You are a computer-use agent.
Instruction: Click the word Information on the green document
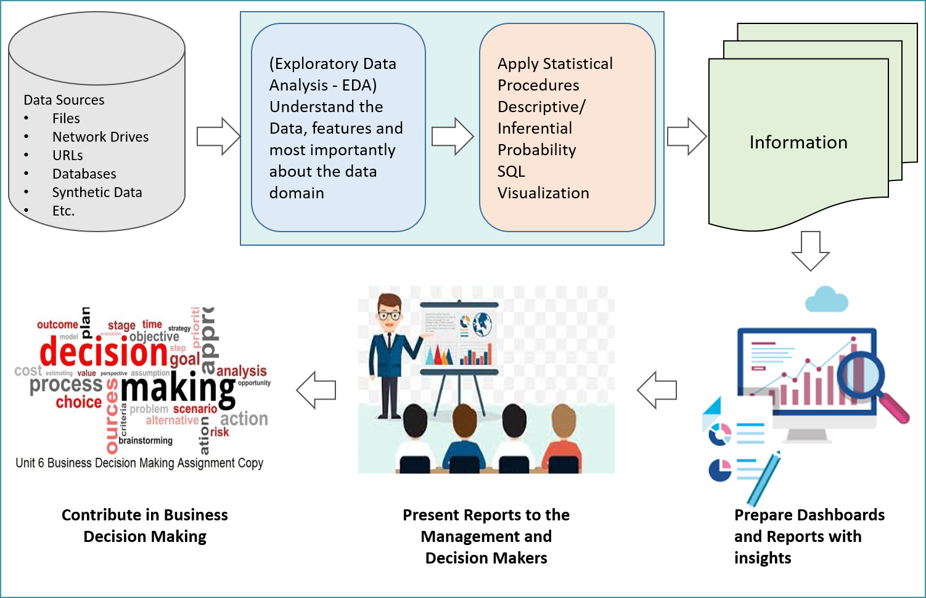798,142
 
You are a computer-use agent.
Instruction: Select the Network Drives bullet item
100,137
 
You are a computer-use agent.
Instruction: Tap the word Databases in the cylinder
84,174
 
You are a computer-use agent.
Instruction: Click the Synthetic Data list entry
97,192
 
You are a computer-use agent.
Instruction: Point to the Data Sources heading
64,100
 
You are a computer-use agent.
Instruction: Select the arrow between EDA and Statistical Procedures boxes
453,136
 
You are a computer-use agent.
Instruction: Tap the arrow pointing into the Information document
687,136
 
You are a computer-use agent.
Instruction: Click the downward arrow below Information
810,251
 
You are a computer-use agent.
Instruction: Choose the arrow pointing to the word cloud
316,390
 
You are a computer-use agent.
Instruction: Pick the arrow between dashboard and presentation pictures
657,390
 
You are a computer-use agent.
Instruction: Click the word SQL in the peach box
511,171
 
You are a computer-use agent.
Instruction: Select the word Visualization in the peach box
543,193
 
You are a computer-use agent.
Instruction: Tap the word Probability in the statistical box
536,150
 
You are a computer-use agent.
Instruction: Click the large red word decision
104,353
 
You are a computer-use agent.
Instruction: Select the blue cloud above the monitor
827,301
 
